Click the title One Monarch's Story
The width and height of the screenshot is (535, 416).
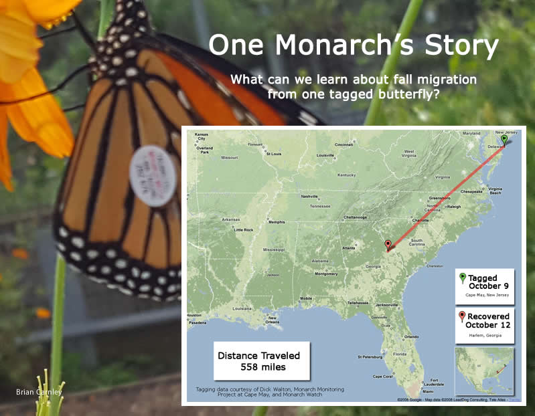click(354, 45)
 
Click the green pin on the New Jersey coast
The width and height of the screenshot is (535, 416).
click(504, 140)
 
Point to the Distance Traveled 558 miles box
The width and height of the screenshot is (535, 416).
click(262, 361)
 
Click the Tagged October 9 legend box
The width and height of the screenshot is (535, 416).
click(485, 286)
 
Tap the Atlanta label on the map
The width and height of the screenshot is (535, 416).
click(348, 248)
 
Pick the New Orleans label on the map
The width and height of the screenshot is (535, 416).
click(271, 321)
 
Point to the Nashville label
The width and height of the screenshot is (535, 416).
click(309, 197)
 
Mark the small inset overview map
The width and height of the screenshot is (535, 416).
click(485, 371)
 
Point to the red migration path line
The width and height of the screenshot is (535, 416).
click(445, 194)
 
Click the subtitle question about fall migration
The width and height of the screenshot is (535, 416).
click(354, 86)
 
